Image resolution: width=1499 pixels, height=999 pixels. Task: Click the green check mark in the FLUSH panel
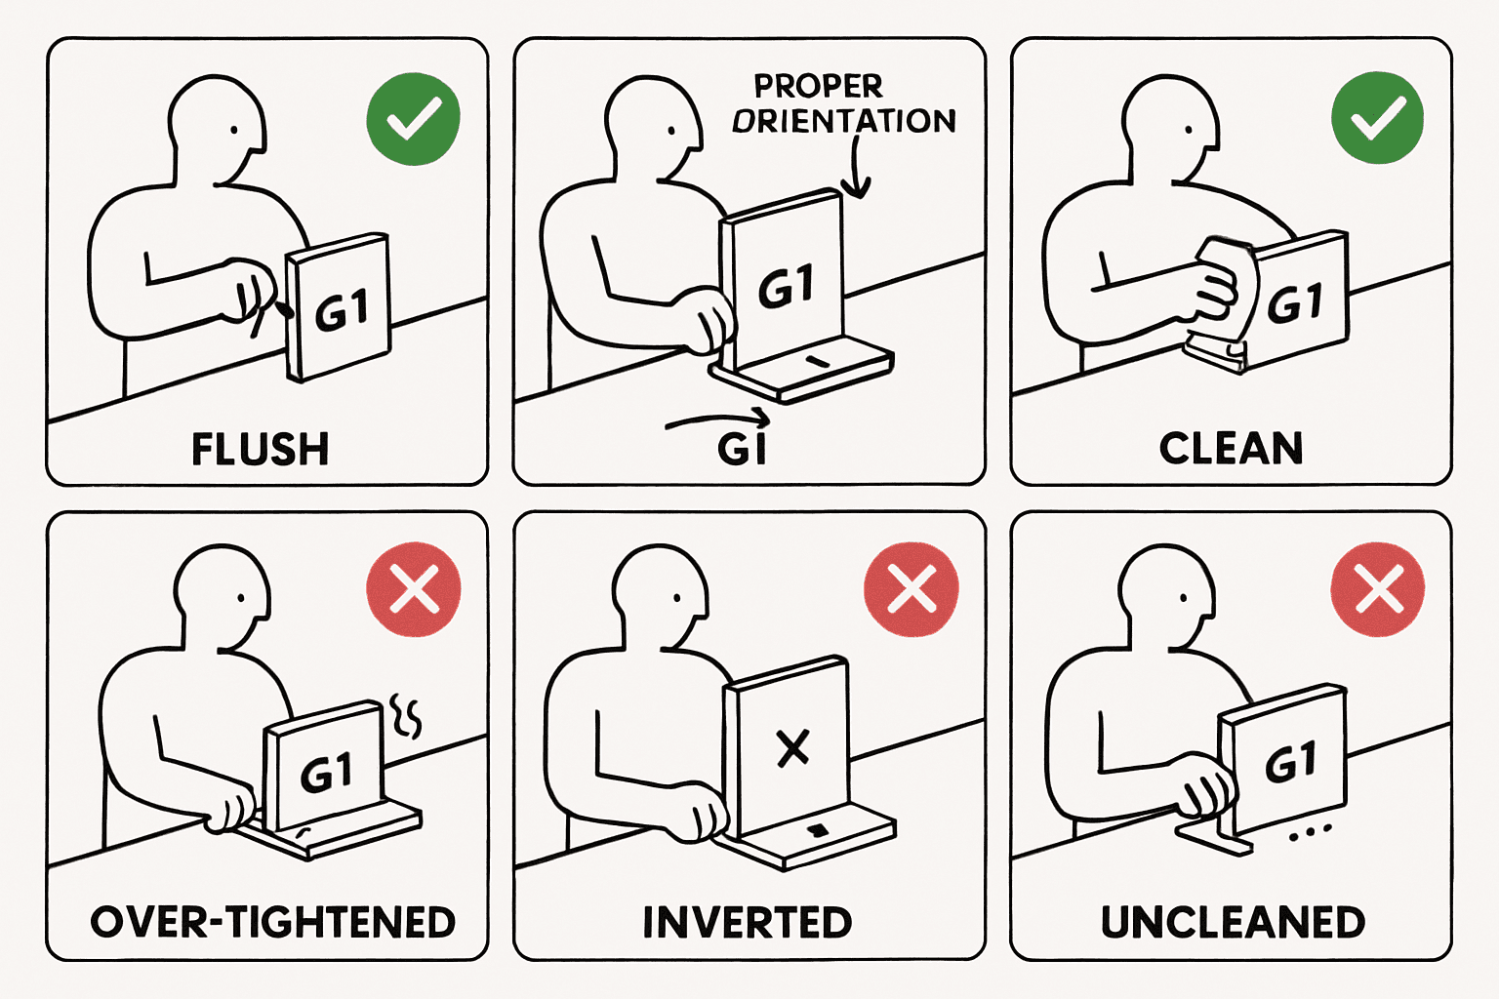point(413,119)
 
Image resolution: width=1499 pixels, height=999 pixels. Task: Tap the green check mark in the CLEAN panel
point(1377,118)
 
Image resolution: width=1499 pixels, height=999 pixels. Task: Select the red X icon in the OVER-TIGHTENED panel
point(413,589)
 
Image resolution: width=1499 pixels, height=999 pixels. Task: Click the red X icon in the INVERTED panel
point(912,589)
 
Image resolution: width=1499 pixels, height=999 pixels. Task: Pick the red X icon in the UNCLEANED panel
point(1378,589)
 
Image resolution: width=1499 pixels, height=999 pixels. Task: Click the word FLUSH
point(260,450)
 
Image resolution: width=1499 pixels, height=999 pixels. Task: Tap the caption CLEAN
point(1231,449)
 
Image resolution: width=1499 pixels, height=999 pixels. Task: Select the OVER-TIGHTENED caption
point(272,922)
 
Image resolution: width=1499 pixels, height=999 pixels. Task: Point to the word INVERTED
point(747,922)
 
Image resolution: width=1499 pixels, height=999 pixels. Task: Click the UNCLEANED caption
point(1233,922)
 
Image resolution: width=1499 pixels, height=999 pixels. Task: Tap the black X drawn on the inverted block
point(792,748)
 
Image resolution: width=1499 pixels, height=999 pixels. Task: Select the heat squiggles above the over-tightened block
point(406,715)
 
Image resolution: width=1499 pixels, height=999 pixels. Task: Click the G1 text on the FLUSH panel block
point(342,312)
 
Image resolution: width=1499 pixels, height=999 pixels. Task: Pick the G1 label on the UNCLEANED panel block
point(1290,761)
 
